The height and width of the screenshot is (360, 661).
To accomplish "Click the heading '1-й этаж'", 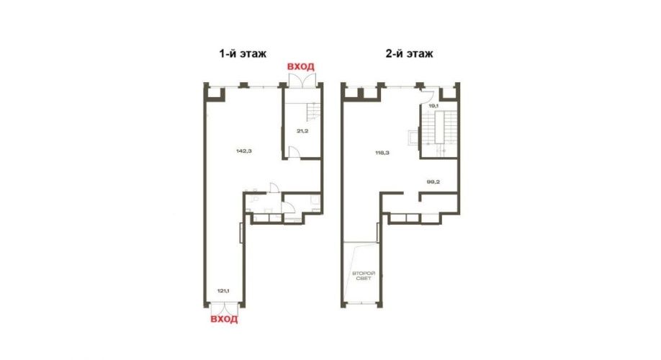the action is pos(243,53).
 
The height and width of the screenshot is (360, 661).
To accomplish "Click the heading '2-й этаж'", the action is pos(409,53).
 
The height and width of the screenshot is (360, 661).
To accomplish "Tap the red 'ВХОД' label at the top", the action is pos(300,67).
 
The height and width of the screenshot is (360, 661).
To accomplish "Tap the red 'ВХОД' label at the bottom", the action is pos(224,319).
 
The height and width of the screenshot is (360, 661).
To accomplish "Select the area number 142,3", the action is pos(244,150).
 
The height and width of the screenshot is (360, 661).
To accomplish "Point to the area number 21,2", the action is pos(302,130).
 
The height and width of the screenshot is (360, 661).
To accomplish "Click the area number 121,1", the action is pos(223,290).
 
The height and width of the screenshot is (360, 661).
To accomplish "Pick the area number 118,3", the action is pos(382,153).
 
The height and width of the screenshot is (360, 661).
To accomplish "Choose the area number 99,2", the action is pos(433,182).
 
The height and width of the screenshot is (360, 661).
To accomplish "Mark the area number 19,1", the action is pos(433,106).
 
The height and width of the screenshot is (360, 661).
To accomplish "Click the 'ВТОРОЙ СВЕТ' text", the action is pos(364,276).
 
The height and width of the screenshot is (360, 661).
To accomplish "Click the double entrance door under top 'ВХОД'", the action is pos(302,81).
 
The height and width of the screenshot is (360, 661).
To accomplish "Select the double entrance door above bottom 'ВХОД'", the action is pos(224,309).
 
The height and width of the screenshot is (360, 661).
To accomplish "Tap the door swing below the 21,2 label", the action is pos(294,153).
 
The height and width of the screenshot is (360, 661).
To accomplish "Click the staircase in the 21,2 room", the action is pos(313,112).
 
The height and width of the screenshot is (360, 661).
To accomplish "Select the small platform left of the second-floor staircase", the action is pos(413,138).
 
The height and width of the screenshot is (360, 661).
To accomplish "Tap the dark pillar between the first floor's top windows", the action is pos(243,85).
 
